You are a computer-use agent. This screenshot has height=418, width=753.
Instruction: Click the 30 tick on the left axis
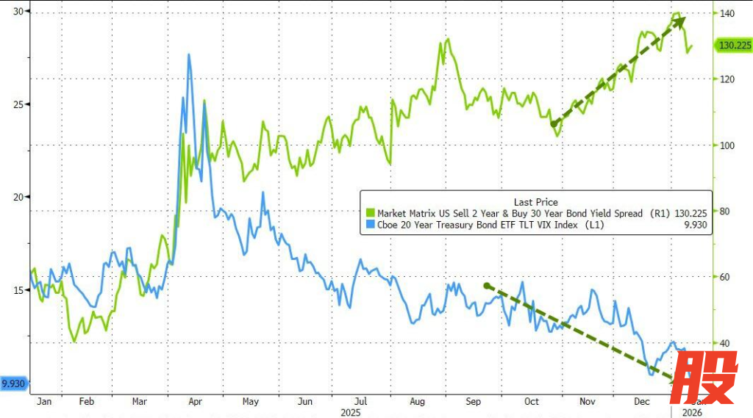point(15,11)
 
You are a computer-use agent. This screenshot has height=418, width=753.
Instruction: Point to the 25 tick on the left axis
point(15,104)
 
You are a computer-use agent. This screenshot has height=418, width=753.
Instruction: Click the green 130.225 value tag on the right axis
point(732,46)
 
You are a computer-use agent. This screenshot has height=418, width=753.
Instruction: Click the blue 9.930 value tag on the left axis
point(14,383)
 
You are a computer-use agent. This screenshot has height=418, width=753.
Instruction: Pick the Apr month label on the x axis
point(196,402)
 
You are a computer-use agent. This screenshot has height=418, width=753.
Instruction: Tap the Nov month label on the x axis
point(587,402)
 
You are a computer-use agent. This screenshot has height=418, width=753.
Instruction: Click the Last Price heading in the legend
point(535,201)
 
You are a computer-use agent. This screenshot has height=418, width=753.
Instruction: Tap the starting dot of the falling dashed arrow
point(486,285)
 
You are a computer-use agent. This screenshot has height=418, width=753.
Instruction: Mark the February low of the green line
point(74,342)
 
